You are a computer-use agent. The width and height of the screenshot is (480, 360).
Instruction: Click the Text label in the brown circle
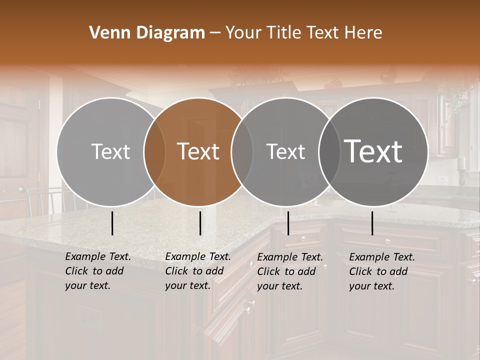[198, 151]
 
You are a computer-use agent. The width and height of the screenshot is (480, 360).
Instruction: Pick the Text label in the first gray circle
[110, 151]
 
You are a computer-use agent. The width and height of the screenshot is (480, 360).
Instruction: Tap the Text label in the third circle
[285, 151]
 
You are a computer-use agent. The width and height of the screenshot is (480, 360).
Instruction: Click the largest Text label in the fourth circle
[373, 151]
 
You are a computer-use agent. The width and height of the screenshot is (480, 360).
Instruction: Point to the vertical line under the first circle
[112, 223]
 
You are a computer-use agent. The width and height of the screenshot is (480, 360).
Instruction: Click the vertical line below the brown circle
[200, 223]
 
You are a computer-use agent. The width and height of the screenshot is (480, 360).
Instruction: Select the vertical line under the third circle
[288, 223]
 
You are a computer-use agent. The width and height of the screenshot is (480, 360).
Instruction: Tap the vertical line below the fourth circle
[372, 223]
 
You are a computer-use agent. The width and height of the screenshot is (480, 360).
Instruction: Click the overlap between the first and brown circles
[154, 152]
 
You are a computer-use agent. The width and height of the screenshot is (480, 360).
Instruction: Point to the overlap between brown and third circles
[242, 152]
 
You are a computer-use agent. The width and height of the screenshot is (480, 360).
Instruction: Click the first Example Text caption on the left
[97, 271]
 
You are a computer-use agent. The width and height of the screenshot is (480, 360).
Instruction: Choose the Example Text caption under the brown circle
[197, 271]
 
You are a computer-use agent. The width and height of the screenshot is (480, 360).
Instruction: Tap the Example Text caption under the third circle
[289, 271]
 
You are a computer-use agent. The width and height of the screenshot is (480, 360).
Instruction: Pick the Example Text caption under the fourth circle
[381, 271]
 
